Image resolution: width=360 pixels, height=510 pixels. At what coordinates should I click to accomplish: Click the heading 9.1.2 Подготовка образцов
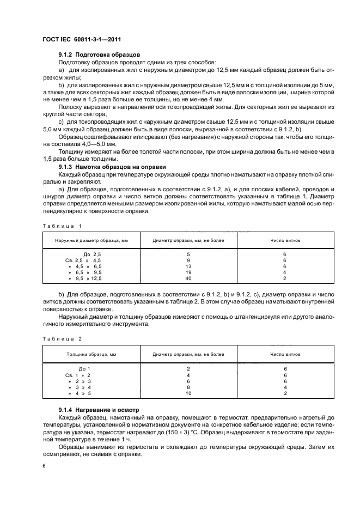pyautogui.click(x=100, y=55)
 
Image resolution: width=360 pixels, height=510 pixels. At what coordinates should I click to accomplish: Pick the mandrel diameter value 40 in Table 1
pyautogui.click(x=188, y=278)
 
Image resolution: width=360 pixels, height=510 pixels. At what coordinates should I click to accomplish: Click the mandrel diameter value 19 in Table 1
pyautogui.click(x=188, y=272)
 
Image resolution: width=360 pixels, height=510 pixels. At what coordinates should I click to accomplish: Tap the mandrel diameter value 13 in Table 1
pyautogui.click(x=188, y=266)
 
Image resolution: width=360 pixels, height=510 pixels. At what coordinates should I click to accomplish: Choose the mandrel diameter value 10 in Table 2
pyautogui.click(x=188, y=393)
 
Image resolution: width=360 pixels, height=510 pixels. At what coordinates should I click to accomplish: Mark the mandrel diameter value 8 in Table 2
pyautogui.click(x=188, y=387)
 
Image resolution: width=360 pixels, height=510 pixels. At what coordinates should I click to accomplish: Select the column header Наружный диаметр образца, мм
pyautogui.click(x=90, y=240)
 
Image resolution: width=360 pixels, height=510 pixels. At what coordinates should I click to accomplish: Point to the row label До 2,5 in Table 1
pyautogui.click(x=92, y=254)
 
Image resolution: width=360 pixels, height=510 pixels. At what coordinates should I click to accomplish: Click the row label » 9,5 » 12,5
pyautogui.click(x=85, y=278)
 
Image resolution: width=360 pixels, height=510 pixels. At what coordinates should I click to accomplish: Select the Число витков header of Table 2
pyautogui.click(x=285, y=354)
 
